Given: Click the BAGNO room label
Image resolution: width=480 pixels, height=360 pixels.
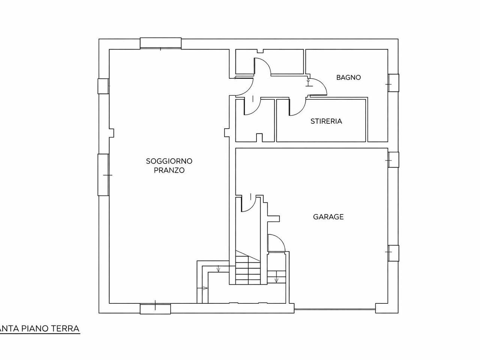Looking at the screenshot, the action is [348, 77].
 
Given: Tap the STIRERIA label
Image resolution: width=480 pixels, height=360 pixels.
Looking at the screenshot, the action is [326, 121].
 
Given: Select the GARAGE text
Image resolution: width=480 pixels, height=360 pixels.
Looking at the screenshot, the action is [328, 217].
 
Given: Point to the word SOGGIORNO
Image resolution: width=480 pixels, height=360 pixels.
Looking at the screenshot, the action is [169, 161].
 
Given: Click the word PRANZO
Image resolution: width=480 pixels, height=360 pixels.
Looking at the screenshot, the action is [169, 170].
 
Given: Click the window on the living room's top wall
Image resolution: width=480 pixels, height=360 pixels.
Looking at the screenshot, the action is [160, 43].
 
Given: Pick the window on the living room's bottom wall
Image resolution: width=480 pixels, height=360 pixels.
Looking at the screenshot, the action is [155, 309].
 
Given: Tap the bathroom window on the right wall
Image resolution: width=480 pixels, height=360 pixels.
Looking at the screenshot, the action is [393, 83].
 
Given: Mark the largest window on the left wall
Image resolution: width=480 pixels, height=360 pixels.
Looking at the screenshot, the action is [103, 175].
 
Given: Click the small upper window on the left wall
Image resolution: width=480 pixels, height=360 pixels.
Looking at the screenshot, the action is [103, 86].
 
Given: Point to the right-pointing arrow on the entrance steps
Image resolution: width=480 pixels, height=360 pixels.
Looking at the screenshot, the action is [202, 288].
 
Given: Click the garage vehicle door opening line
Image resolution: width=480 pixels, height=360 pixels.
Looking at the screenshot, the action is [335, 309].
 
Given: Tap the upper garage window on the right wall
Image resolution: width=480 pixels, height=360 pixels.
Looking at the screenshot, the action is [393, 160].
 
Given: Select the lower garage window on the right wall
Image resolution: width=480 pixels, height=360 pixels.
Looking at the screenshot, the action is [393, 253].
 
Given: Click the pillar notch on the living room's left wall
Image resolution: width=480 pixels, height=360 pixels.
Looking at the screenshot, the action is [111, 133].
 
